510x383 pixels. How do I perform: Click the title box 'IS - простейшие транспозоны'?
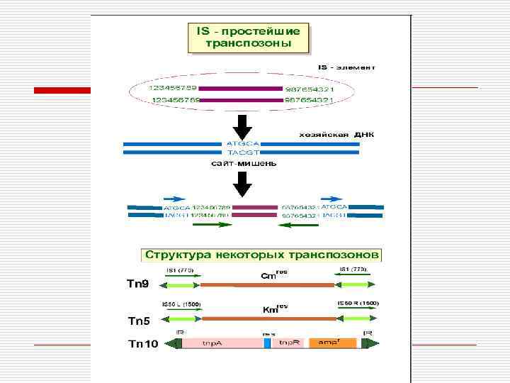coord(249,37)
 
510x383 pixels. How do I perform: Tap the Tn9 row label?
coord(137,285)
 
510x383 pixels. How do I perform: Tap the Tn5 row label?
coord(138,321)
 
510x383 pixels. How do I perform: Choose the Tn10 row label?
coord(141,344)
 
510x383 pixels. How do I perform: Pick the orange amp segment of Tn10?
coord(331,343)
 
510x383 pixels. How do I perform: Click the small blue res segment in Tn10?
coord(267,343)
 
